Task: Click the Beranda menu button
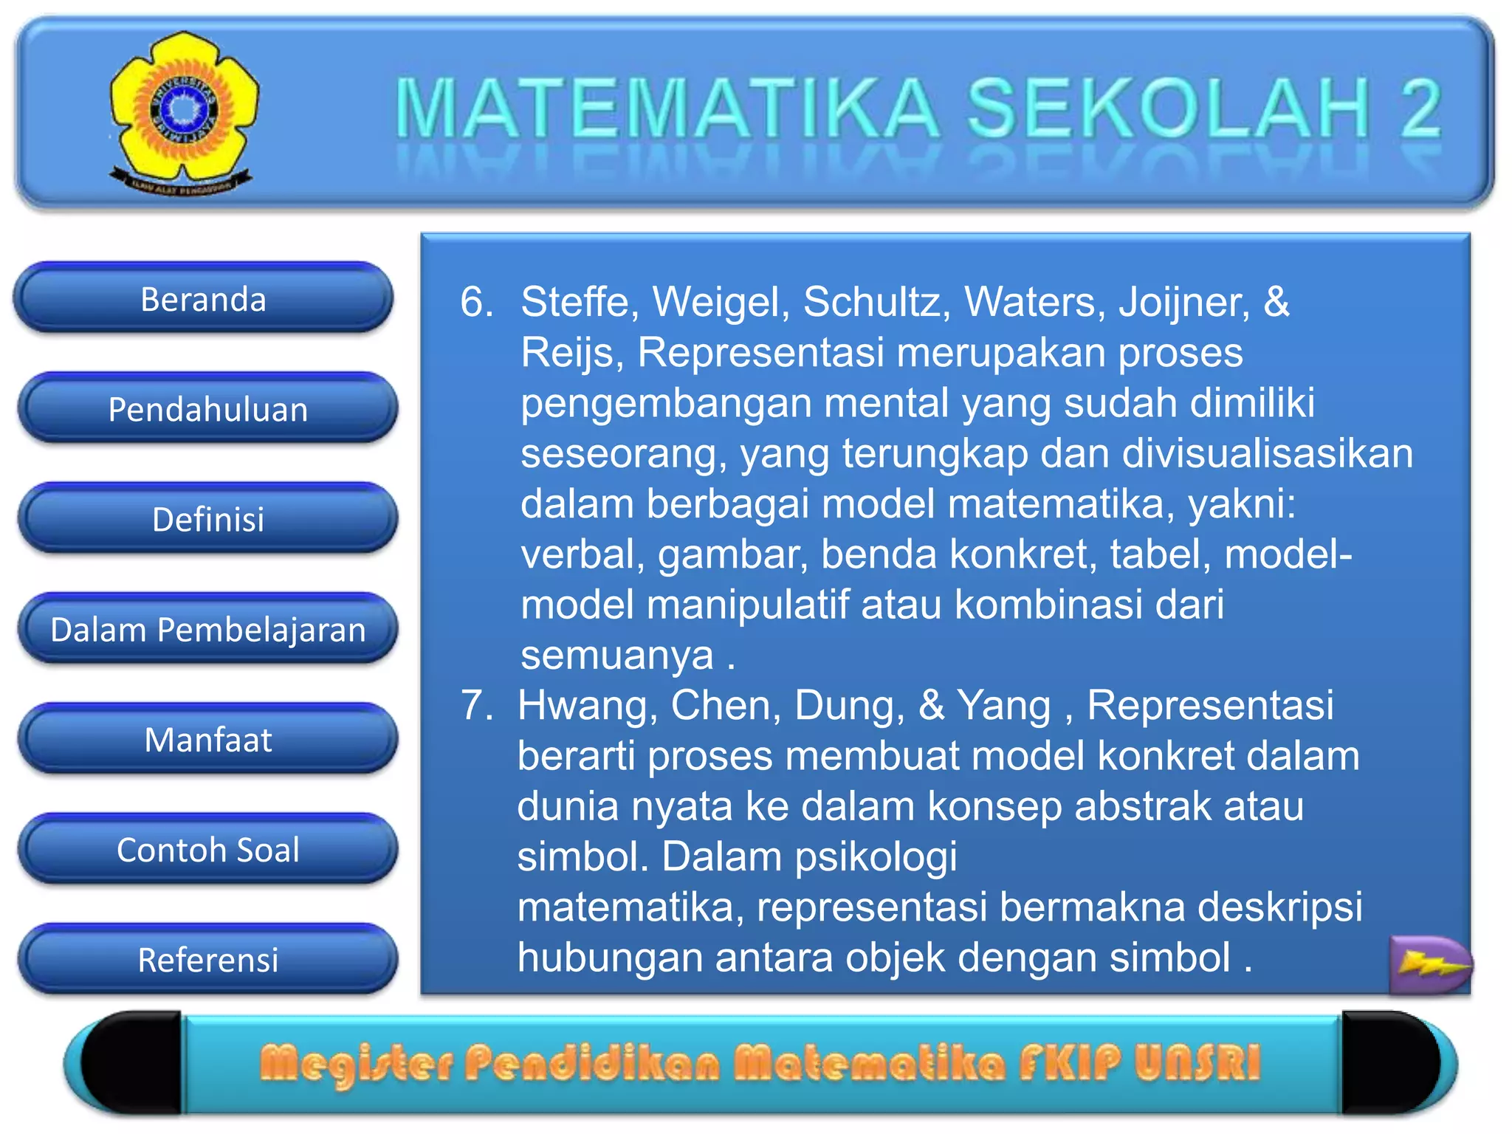click(203, 299)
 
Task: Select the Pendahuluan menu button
click(207, 409)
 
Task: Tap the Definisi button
click(207, 519)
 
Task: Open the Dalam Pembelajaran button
click(207, 630)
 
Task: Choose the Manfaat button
click(207, 739)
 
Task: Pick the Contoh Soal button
click(207, 850)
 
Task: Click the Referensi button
click(207, 960)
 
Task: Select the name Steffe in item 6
click(574, 302)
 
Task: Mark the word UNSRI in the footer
click(1197, 1063)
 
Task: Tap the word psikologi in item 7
click(876, 856)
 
